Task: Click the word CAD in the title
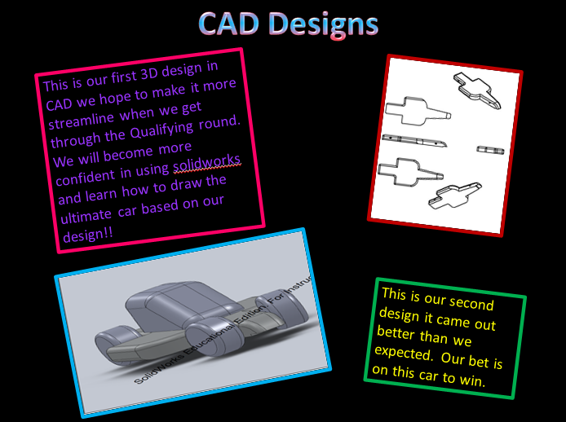tap(228, 24)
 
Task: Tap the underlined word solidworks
tap(207, 163)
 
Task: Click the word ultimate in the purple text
tap(86, 216)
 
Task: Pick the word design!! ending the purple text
tap(88, 235)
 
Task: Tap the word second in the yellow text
tap(471, 302)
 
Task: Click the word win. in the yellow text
tap(472, 380)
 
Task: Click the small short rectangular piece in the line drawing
tap(490, 150)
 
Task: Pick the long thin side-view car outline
tap(414, 141)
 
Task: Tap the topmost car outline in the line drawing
tap(478, 90)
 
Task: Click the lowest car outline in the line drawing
tap(455, 196)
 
